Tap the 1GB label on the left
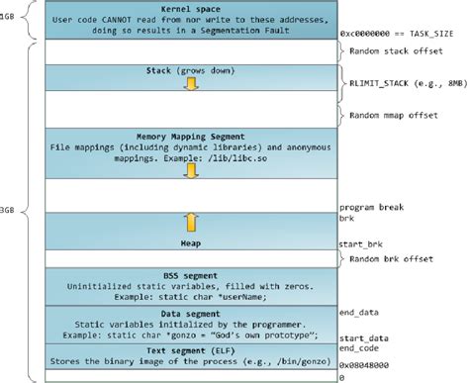coord(8,19)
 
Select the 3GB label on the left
coord(8,210)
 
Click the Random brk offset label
coord(390,260)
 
